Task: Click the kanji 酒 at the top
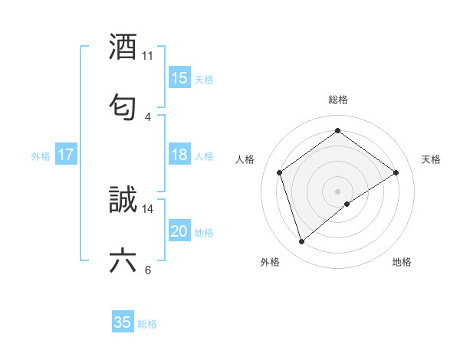pos(123,47)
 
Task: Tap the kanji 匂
pos(123,105)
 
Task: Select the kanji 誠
pos(123,200)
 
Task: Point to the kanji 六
pos(123,260)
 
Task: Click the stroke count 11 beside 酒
pos(148,56)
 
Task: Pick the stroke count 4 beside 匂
pos(148,116)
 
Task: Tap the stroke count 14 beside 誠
pos(148,208)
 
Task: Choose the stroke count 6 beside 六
pos(148,270)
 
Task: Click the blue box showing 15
pos(179,78)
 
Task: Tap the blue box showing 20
pos(179,232)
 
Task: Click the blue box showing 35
pos(123,322)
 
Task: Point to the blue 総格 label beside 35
pos(147,324)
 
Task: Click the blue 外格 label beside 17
pos(41,156)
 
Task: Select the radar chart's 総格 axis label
pos(338,100)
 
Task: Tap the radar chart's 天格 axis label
pos(432,159)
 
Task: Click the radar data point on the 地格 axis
pos(347,204)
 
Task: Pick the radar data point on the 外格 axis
pos(301,242)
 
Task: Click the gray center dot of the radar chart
pos(338,191)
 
